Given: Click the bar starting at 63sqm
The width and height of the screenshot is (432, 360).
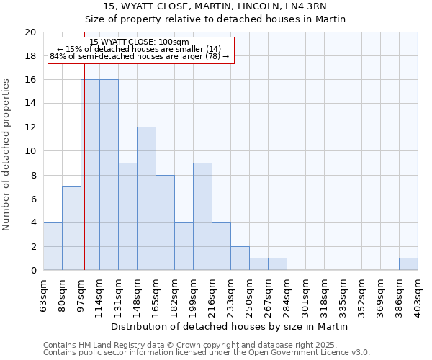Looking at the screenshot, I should click(x=53, y=247).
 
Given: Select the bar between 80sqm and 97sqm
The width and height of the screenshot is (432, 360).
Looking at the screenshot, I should click(x=71, y=229).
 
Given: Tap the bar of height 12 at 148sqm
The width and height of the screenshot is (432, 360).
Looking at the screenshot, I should click(x=146, y=199).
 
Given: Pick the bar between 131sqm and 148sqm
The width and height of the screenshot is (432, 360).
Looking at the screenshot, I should click(x=127, y=217).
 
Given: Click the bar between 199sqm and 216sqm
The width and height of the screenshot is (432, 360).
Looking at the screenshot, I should click(x=202, y=217).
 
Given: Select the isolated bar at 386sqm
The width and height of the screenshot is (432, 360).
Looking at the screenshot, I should click(x=408, y=264).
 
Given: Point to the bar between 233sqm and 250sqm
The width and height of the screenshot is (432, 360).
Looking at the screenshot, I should click(x=240, y=258).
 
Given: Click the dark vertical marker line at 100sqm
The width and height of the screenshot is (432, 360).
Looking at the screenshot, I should click(x=84, y=173).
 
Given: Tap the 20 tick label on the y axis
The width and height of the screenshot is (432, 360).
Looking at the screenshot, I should click(x=30, y=32).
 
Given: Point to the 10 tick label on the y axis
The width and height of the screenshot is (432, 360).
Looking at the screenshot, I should click(x=30, y=151).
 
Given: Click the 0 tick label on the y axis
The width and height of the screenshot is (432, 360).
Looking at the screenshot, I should click(x=32, y=271).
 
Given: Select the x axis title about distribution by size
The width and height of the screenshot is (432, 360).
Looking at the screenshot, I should click(x=230, y=326).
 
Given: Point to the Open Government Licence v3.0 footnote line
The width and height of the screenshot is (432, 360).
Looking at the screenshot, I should click(x=207, y=353).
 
